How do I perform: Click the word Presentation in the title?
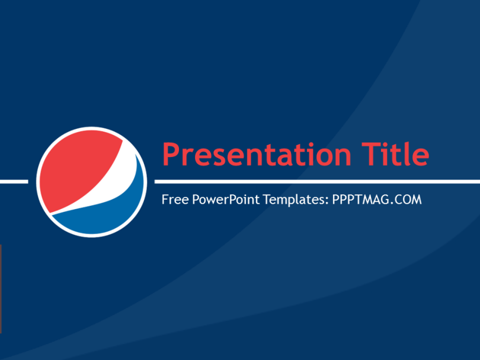[257, 155]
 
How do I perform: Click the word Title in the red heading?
[395, 154]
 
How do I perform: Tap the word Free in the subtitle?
[175, 200]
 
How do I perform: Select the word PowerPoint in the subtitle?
[226, 200]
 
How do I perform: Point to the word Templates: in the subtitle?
[296, 200]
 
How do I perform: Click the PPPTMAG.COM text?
[377, 200]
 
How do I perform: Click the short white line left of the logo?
[14, 182]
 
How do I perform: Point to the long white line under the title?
[317, 182]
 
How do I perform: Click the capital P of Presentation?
[171, 155]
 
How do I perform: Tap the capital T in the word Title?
[371, 154]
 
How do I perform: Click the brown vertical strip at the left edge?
[1, 289]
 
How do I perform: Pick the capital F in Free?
[165, 200]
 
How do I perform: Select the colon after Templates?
[327, 201]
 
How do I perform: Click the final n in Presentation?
[343, 157]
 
